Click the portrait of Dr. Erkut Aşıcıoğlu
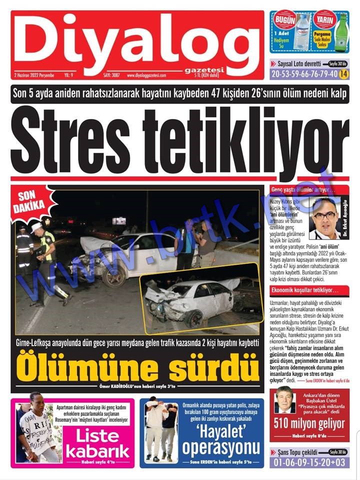click(324, 217)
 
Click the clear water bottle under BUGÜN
click(301, 32)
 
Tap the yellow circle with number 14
click(343, 74)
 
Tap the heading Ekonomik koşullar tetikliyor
click(305, 290)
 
